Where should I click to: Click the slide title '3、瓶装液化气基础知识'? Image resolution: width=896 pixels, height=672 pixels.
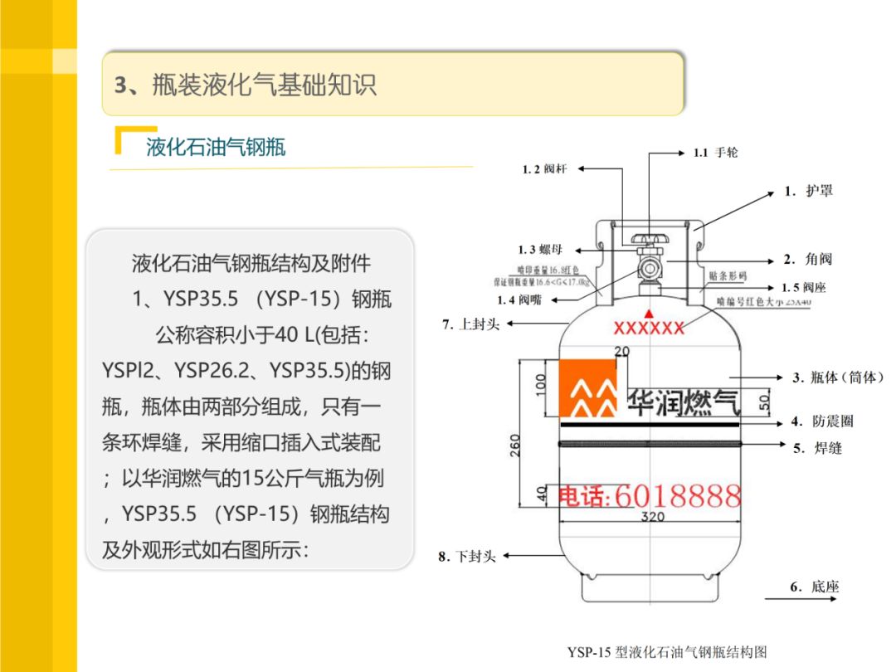point(246,85)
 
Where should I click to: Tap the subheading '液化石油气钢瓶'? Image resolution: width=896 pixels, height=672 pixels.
point(216,147)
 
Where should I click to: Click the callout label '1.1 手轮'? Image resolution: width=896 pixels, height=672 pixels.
point(715,153)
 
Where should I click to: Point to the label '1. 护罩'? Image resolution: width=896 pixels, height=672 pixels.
point(808,191)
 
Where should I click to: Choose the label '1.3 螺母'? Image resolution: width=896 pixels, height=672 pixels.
point(539,250)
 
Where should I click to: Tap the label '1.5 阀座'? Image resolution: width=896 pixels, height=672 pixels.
point(803,288)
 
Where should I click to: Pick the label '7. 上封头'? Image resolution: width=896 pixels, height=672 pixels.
point(470,324)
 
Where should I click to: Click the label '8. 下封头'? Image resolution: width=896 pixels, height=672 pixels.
point(467,557)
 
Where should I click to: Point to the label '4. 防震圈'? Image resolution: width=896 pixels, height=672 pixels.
point(821,421)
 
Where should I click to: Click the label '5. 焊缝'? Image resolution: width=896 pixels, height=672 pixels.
point(816,448)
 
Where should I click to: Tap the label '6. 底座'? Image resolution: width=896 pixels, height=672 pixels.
point(814,587)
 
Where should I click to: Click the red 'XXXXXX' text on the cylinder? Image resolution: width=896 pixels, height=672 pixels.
point(649,328)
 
